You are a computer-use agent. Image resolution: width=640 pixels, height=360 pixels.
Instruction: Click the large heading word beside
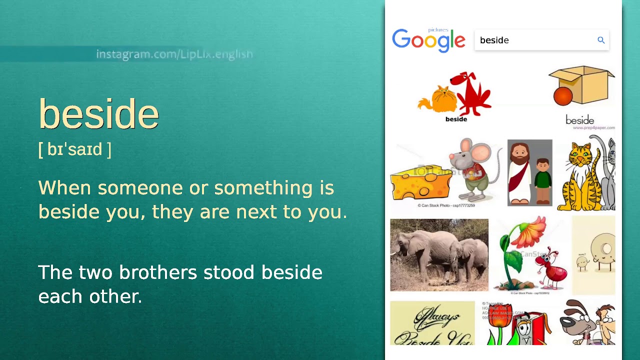98,114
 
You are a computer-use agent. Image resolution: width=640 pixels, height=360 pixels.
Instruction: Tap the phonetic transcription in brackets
74,149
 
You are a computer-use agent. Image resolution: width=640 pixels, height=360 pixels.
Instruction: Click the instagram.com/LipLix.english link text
174,54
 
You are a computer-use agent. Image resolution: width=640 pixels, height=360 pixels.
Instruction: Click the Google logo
428,40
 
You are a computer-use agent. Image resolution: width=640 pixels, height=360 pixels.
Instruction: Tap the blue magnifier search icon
601,40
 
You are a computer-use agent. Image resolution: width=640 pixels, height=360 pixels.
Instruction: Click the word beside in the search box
494,40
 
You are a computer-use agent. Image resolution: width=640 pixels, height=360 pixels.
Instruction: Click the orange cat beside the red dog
437,99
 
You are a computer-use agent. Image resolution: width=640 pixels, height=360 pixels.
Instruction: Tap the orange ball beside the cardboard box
563,96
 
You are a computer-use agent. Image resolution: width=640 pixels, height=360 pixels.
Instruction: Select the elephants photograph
439,255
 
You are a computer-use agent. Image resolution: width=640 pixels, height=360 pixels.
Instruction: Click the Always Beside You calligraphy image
432,323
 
